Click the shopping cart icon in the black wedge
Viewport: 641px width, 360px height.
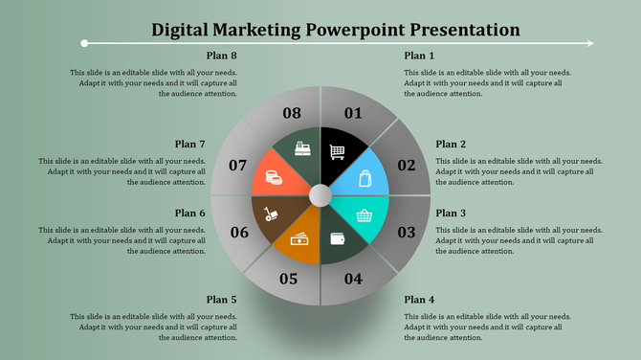(337, 150)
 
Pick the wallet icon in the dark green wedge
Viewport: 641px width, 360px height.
(338, 239)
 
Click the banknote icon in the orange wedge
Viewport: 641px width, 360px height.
(299, 238)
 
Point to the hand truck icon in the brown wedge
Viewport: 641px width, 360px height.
(273, 214)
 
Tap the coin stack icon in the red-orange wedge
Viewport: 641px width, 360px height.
(273, 177)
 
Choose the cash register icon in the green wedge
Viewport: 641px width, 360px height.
(302, 150)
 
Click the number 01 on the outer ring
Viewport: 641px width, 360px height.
(354, 114)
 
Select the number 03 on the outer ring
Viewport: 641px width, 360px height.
(407, 232)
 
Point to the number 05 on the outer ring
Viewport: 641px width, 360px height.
(288, 280)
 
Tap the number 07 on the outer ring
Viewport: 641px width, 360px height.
(238, 166)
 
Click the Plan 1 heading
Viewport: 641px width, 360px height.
(419, 56)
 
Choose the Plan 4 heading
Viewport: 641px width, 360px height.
(419, 300)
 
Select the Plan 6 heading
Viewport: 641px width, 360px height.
(189, 213)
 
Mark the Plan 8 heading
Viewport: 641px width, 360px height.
(221, 56)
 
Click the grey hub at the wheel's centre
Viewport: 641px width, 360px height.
(320, 196)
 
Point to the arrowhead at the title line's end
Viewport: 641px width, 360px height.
(589, 43)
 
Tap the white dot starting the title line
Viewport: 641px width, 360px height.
(85, 43)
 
